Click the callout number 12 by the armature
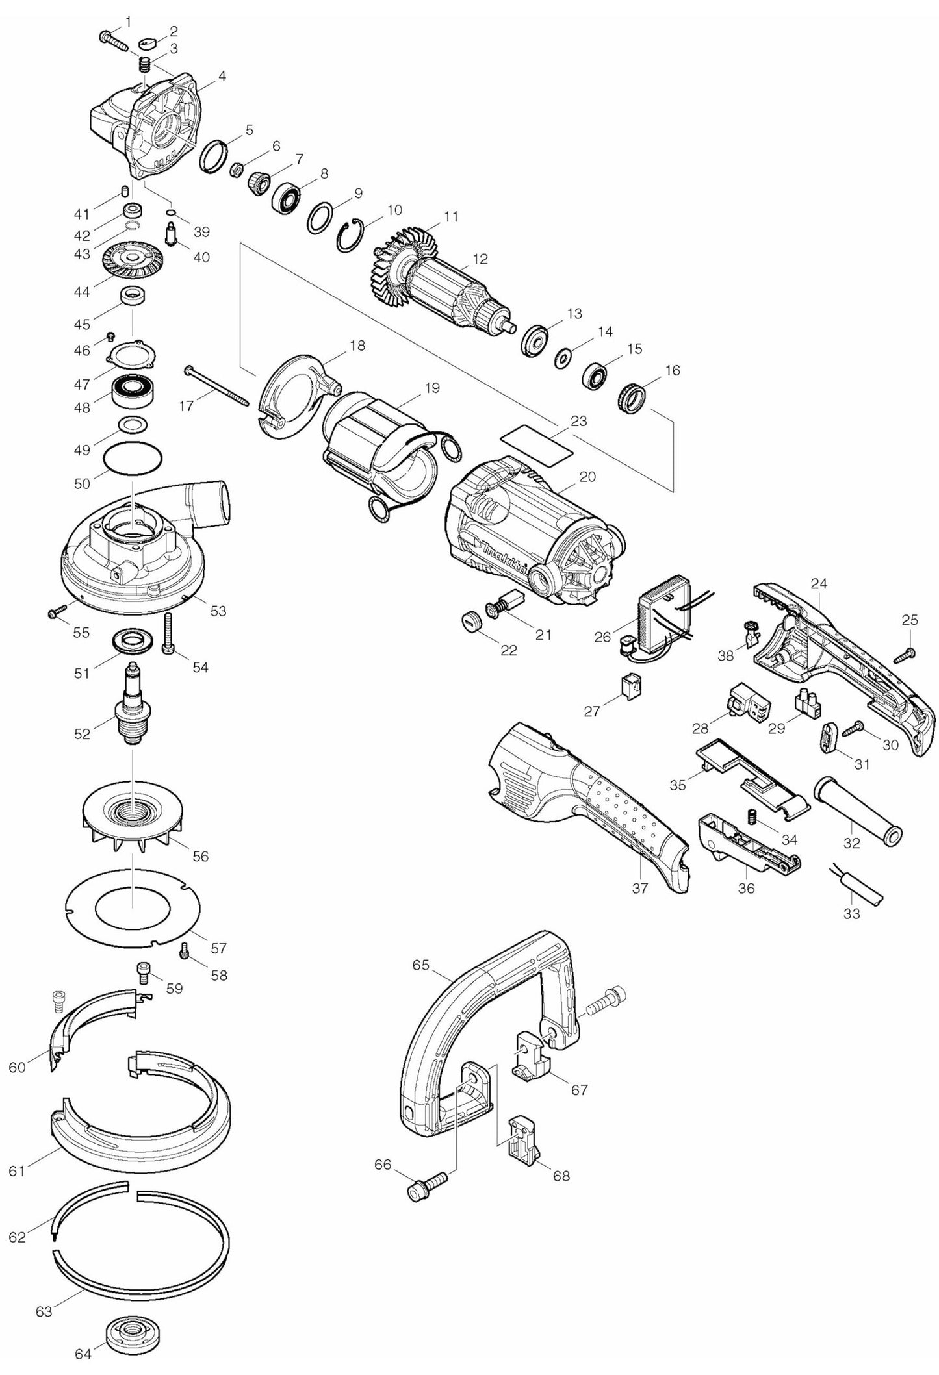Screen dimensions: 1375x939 click(x=480, y=259)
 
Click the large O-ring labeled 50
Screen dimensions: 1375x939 click(x=133, y=461)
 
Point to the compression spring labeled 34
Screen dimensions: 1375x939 click(x=754, y=816)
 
